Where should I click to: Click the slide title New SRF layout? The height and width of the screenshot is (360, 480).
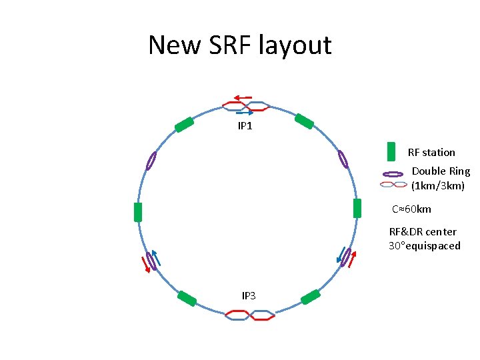pos(239,45)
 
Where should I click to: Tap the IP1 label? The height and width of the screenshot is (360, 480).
pos(245,125)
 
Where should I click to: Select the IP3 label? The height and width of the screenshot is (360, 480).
pos(248,295)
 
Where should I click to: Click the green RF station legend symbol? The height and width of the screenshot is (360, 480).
pos(391,152)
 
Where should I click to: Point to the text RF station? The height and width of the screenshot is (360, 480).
pos(431,153)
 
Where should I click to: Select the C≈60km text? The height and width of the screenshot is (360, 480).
pos(411,209)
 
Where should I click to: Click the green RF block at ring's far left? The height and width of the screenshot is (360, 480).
pos(138,212)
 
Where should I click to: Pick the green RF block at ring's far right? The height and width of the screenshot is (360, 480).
pos(357,209)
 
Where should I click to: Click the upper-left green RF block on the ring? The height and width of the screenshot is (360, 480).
pos(184,125)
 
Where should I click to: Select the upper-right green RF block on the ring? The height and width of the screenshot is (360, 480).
pos(304,121)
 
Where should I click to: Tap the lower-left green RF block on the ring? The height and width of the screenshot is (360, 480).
pos(187,299)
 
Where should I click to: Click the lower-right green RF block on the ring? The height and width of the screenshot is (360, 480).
pos(311,297)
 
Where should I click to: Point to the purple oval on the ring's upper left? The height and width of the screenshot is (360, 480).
pos(151,161)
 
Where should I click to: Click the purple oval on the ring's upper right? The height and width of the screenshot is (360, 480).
pos(343,159)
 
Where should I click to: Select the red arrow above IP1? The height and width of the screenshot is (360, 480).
pos(243,97)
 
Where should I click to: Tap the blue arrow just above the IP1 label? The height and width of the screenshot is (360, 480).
pos(245,113)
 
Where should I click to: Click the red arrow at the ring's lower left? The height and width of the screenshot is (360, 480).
pos(144,265)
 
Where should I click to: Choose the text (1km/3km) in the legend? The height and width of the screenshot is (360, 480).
pos(437,185)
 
